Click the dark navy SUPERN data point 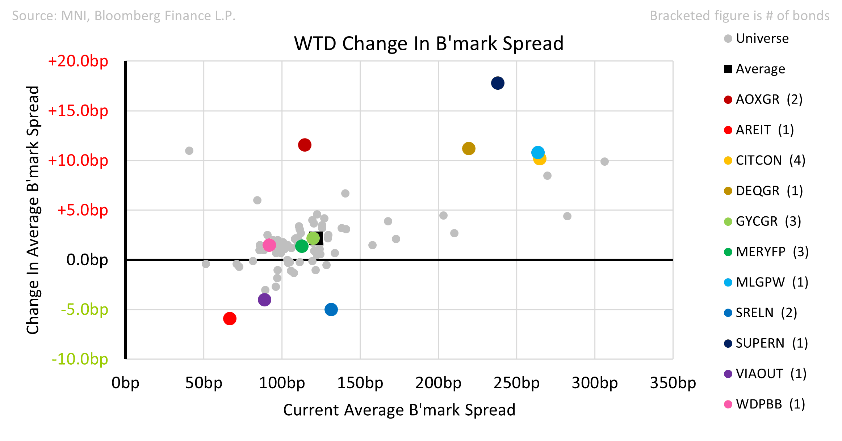tap(498, 83)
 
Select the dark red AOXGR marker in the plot tap(305, 145)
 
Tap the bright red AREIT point tap(230, 319)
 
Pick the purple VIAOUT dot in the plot tap(264, 300)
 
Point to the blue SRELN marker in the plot tap(331, 310)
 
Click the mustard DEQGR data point tap(469, 149)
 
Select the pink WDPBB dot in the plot tap(269, 245)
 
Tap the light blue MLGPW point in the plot tap(538, 152)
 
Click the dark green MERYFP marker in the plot tap(302, 246)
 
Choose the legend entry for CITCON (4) tap(765, 160)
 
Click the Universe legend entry tap(756, 38)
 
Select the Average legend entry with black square tap(754, 69)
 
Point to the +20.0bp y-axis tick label tap(78, 61)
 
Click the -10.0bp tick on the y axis tap(80, 359)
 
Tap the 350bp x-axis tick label tap(673, 383)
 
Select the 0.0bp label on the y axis tap(87, 260)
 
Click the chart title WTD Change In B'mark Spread tap(429, 43)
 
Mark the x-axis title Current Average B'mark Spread tap(399, 410)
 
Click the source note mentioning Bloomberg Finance tap(124, 16)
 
